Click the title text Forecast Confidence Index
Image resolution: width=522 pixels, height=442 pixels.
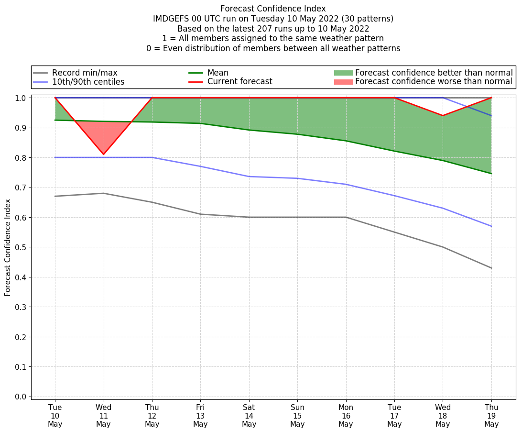273,9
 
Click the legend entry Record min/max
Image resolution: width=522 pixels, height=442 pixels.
85,73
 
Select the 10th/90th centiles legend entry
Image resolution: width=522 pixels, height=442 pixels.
88,82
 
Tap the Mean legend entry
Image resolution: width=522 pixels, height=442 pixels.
217,73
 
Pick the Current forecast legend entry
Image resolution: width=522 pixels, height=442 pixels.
239,82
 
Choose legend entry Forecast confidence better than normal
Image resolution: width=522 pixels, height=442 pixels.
434,73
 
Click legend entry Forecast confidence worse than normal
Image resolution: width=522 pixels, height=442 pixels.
434,82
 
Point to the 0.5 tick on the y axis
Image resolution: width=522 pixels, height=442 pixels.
22,247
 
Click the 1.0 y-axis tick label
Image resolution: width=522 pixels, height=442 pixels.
22,98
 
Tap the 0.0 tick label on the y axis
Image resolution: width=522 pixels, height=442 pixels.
22,397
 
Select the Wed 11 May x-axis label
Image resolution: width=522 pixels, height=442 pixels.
103,415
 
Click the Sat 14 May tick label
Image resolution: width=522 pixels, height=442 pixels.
249,415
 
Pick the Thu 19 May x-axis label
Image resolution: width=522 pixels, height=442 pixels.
491,415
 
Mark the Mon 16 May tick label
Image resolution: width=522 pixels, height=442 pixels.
346,415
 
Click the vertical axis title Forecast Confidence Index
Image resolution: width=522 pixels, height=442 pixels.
8,247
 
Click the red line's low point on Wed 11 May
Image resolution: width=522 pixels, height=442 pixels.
103,155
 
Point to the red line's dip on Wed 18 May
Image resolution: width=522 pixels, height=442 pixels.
443,115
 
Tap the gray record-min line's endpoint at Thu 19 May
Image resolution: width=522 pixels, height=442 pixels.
491,268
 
